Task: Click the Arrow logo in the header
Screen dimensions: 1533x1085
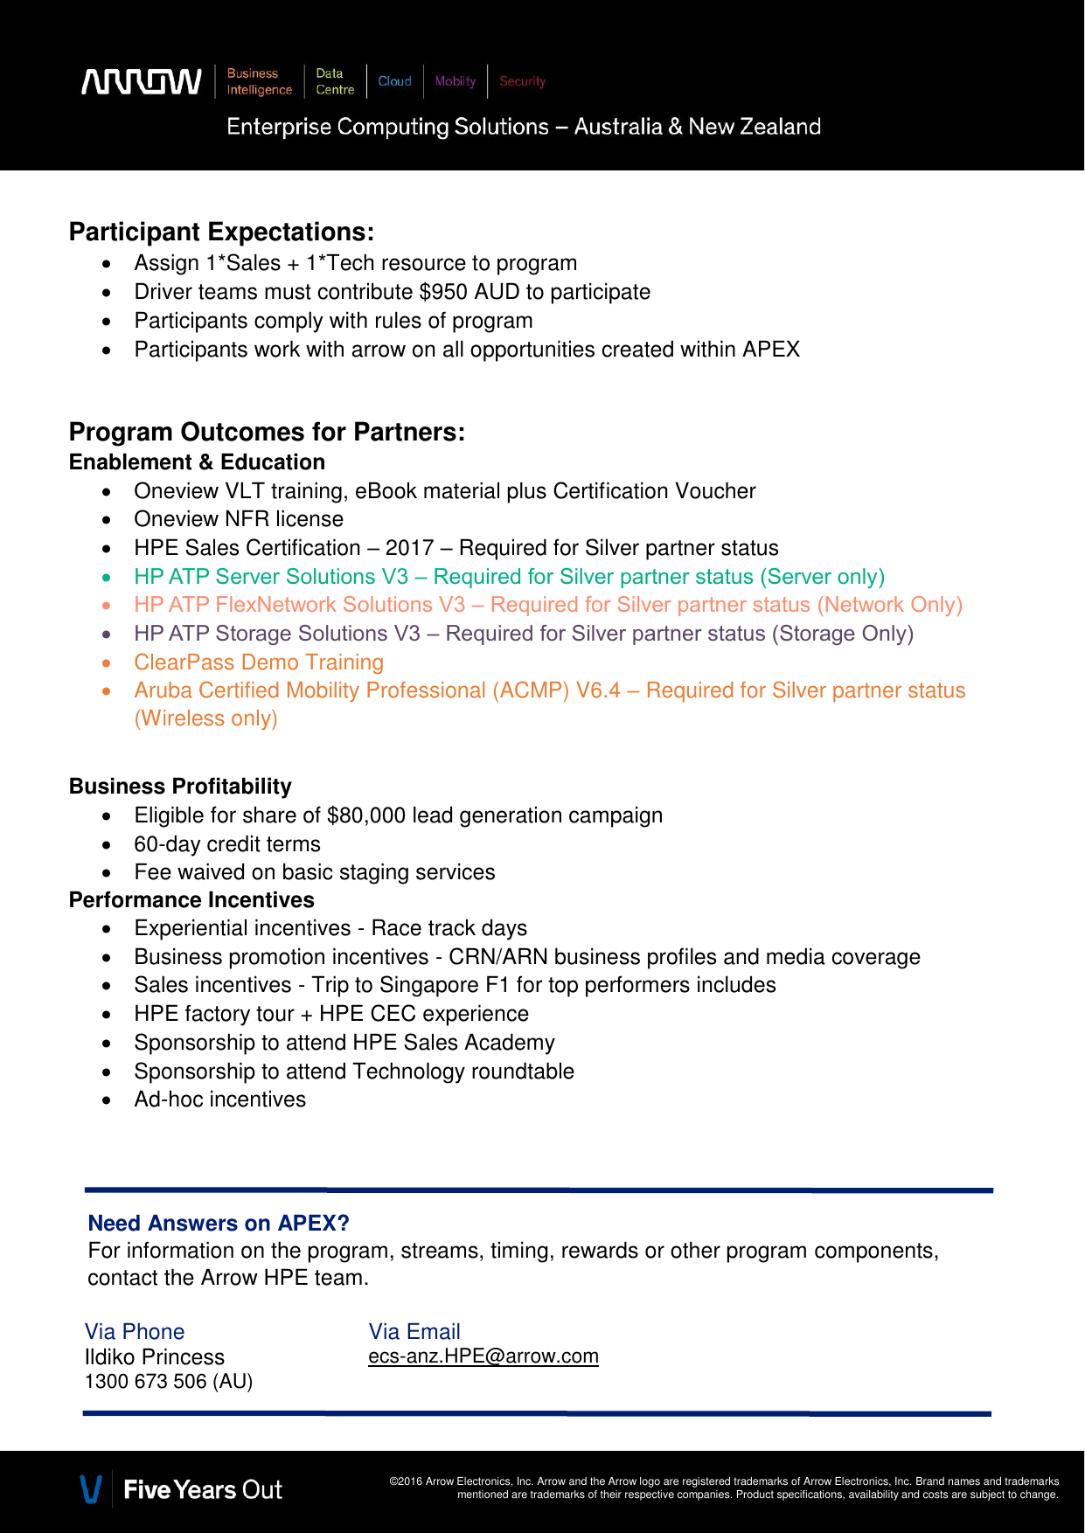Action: [142, 81]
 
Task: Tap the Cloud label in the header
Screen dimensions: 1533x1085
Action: [394, 81]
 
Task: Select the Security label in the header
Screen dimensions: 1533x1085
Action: [522, 81]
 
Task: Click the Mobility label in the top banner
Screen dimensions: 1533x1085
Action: [455, 81]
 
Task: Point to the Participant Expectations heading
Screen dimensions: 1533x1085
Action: [221, 232]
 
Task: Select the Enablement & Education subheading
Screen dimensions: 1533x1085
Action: [197, 462]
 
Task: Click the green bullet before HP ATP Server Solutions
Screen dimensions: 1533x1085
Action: [107, 578]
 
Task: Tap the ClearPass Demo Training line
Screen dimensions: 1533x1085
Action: [259, 662]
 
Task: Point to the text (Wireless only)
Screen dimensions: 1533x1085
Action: [205, 718]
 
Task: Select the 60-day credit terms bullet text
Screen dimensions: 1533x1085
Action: [227, 844]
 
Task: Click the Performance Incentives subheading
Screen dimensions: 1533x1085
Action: [191, 900]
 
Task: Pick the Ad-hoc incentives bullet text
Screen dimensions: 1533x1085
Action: [220, 1099]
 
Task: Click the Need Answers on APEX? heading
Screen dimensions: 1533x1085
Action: [219, 1223]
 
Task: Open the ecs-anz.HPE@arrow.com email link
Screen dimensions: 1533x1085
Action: [483, 1356]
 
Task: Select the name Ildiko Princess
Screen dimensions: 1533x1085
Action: [155, 1357]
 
